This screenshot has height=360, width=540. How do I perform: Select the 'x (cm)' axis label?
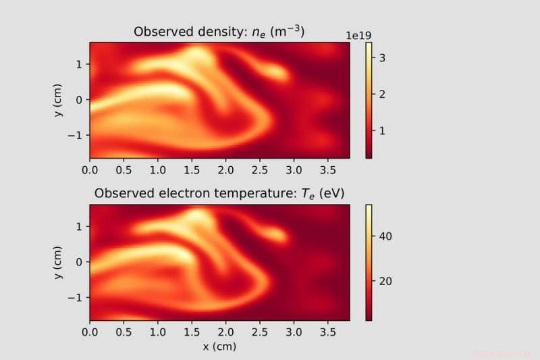(x=219, y=346)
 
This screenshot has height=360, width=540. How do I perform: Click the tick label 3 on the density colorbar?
(x=381, y=58)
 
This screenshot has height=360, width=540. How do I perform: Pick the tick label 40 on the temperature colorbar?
(x=384, y=236)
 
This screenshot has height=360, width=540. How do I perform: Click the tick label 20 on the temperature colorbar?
(x=384, y=281)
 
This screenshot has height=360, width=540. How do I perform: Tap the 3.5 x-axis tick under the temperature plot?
(x=328, y=333)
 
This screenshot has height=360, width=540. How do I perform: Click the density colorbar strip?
(x=369, y=100)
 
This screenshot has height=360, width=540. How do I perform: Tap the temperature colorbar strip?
(x=369, y=262)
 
